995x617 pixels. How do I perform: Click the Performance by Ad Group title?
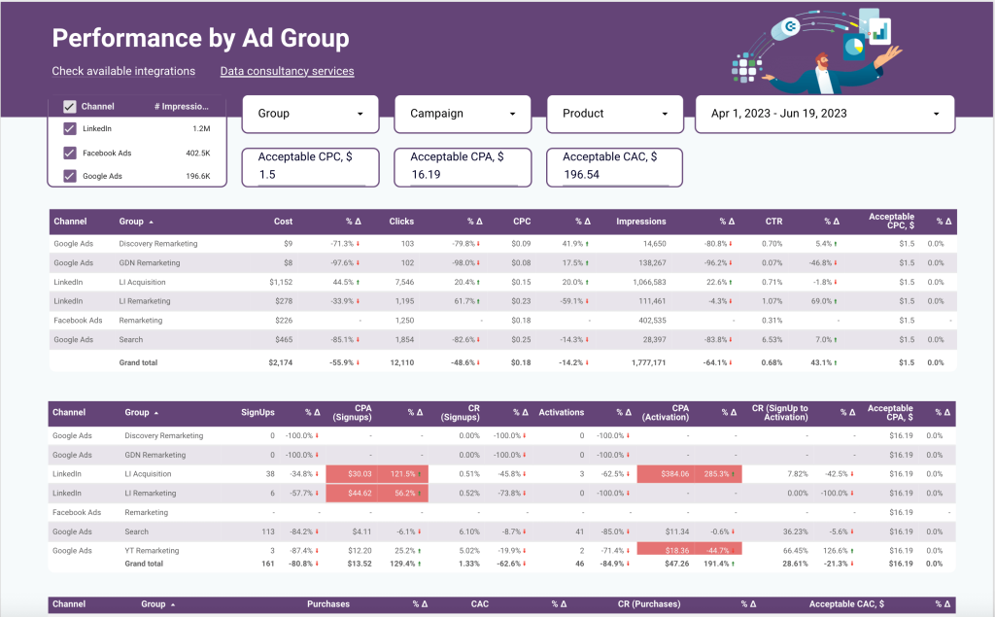(200, 39)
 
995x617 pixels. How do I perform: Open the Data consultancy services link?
(287, 71)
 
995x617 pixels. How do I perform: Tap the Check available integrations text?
(123, 71)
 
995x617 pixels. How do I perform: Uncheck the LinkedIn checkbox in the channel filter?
(70, 128)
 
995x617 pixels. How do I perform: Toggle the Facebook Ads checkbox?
(70, 153)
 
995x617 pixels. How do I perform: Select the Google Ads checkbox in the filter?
(70, 176)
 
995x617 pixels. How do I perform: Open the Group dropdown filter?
(310, 114)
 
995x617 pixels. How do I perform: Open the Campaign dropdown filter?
(463, 114)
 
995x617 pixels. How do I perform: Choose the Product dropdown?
(615, 114)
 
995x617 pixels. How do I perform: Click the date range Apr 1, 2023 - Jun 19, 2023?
(825, 114)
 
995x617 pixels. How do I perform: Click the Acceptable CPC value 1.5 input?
(311, 175)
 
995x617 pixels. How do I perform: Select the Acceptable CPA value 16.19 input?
(463, 175)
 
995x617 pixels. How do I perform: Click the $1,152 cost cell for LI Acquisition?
(280, 282)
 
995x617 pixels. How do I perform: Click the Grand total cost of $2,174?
(278, 362)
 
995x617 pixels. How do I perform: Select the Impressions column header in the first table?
(641, 222)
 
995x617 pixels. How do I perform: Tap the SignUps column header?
(257, 412)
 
